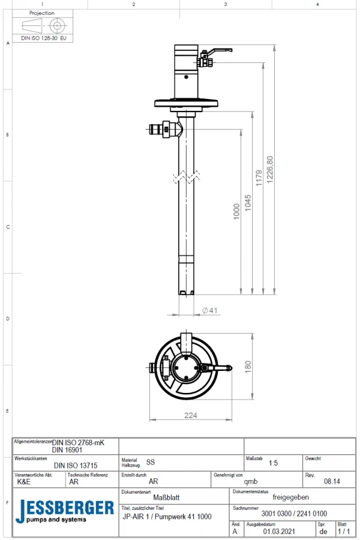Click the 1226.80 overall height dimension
coord(269,170)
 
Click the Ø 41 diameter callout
coord(209,310)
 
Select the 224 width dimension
coord(191,415)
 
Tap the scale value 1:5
coord(273,463)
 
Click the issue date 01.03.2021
coord(279,531)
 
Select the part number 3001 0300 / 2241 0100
coord(294,514)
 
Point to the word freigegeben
coord(291,497)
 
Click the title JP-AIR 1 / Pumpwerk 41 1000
coord(167,516)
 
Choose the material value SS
coord(151,463)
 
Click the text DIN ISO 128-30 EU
coord(44,37)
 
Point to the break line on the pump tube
coord(186,178)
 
